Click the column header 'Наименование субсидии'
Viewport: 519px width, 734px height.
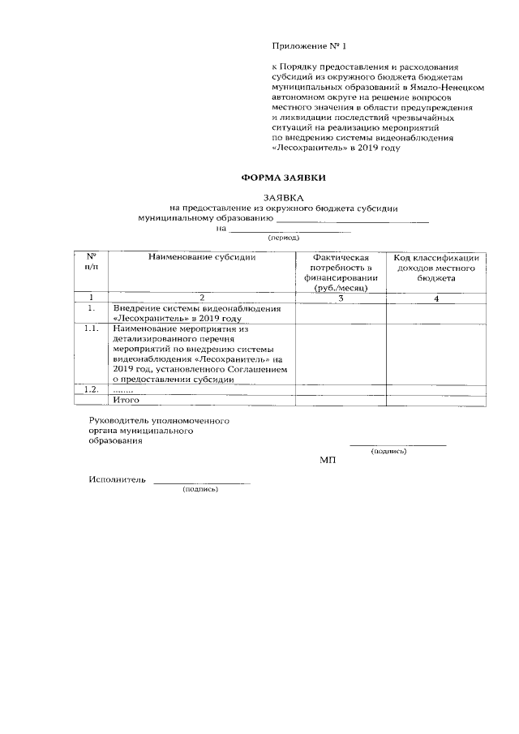[202, 257]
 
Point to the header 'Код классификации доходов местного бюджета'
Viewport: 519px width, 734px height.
[436, 267]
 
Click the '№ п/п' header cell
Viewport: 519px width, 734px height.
[92, 262]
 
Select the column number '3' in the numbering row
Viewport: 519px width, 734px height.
[341, 298]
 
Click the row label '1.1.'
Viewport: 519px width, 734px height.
[92, 329]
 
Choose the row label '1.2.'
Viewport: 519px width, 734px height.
[92, 389]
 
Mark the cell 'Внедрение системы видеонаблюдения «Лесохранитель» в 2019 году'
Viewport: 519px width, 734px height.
[195, 313]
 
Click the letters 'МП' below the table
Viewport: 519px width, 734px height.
[328, 461]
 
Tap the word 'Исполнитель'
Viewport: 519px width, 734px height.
[117, 480]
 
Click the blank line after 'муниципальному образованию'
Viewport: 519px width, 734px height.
[353, 219]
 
